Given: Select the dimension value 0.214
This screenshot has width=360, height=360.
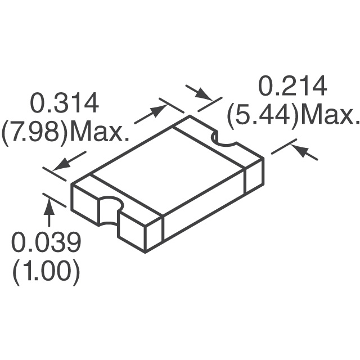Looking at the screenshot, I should coord(292,87).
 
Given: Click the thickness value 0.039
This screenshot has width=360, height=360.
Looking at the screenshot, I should coord(47,243).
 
